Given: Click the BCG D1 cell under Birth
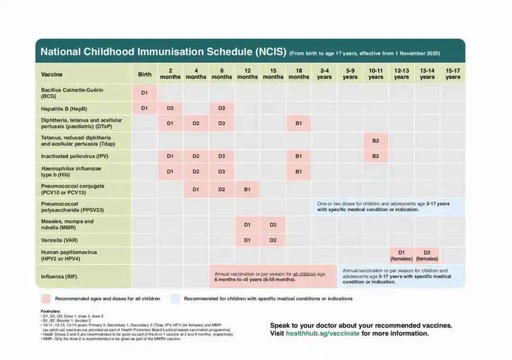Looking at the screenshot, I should tap(145, 93).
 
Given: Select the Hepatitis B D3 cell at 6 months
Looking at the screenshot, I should tap(222, 108).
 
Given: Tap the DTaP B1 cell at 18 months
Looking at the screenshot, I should tap(299, 123).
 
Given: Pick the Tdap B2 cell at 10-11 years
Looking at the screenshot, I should tap(375, 141).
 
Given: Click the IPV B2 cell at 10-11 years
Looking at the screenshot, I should tap(375, 156).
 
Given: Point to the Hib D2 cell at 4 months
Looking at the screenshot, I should tap(196, 172).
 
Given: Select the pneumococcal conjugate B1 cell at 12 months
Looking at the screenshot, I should tap(247, 189).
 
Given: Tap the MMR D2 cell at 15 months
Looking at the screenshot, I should tap(273, 225).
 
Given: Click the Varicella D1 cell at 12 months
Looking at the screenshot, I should tap(247, 240).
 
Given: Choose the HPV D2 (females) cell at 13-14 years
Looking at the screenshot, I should tap(427, 256).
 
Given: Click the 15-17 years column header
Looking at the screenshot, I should tap(453, 74).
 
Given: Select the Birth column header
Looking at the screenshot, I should tap(145, 74).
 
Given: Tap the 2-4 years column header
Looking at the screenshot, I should tap(324, 74).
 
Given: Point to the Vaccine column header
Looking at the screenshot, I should tap(52, 74).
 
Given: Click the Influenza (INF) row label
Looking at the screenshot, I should tap(59, 276).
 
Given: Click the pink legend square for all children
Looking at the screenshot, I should tap(46, 299).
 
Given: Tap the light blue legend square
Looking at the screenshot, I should tap(175, 299).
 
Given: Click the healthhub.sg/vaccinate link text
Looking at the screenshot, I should tap(322, 333).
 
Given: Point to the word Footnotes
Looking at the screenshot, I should tap(51, 311).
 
